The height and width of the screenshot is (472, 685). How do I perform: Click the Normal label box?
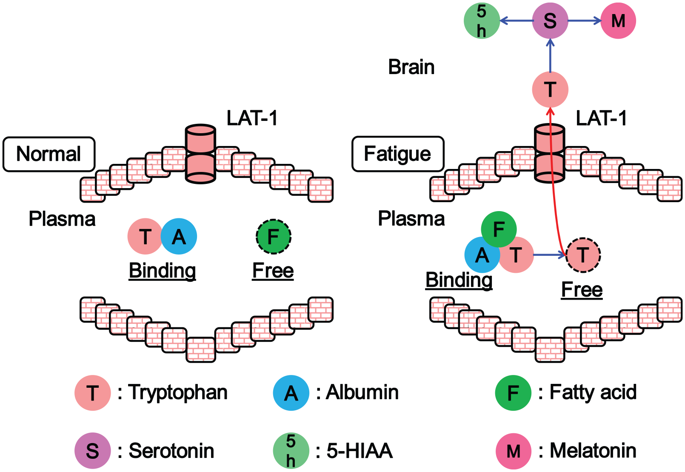pyautogui.click(x=49, y=154)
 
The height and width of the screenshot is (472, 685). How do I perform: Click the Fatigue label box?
pyautogui.click(x=398, y=154)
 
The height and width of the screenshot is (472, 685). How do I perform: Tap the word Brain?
pyautogui.click(x=411, y=67)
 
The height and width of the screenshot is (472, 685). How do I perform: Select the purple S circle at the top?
pyautogui.click(x=550, y=21)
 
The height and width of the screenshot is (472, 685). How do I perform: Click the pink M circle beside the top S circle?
pyautogui.click(x=618, y=21)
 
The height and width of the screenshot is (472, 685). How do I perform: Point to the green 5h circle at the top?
pyautogui.click(x=482, y=21)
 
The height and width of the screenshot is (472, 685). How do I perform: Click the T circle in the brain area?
pyautogui.click(x=550, y=90)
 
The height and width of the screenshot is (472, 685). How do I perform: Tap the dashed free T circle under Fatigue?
pyautogui.click(x=583, y=255)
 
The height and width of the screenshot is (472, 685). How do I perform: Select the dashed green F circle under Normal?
pyautogui.click(x=274, y=237)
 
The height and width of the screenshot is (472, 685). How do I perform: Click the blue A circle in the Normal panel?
pyautogui.click(x=179, y=236)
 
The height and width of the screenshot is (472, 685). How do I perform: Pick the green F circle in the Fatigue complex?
pyautogui.click(x=499, y=229)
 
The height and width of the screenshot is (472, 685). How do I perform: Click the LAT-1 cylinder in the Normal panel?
pyautogui.click(x=201, y=154)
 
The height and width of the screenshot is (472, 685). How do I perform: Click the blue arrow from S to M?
pyautogui.click(x=585, y=21)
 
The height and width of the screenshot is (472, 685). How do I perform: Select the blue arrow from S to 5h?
pyautogui.click(x=517, y=21)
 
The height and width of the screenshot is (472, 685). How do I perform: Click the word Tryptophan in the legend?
pyautogui.click(x=178, y=392)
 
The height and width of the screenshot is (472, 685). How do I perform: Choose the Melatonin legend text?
pyautogui.click(x=593, y=451)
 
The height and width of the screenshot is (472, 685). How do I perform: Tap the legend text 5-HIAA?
pyautogui.click(x=360, y=451)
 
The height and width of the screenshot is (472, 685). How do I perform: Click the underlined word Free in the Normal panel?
pyautogui.click(x=273, y=271)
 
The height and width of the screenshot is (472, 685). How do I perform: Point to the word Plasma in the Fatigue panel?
pyautogui.click(x=411, y=219)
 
